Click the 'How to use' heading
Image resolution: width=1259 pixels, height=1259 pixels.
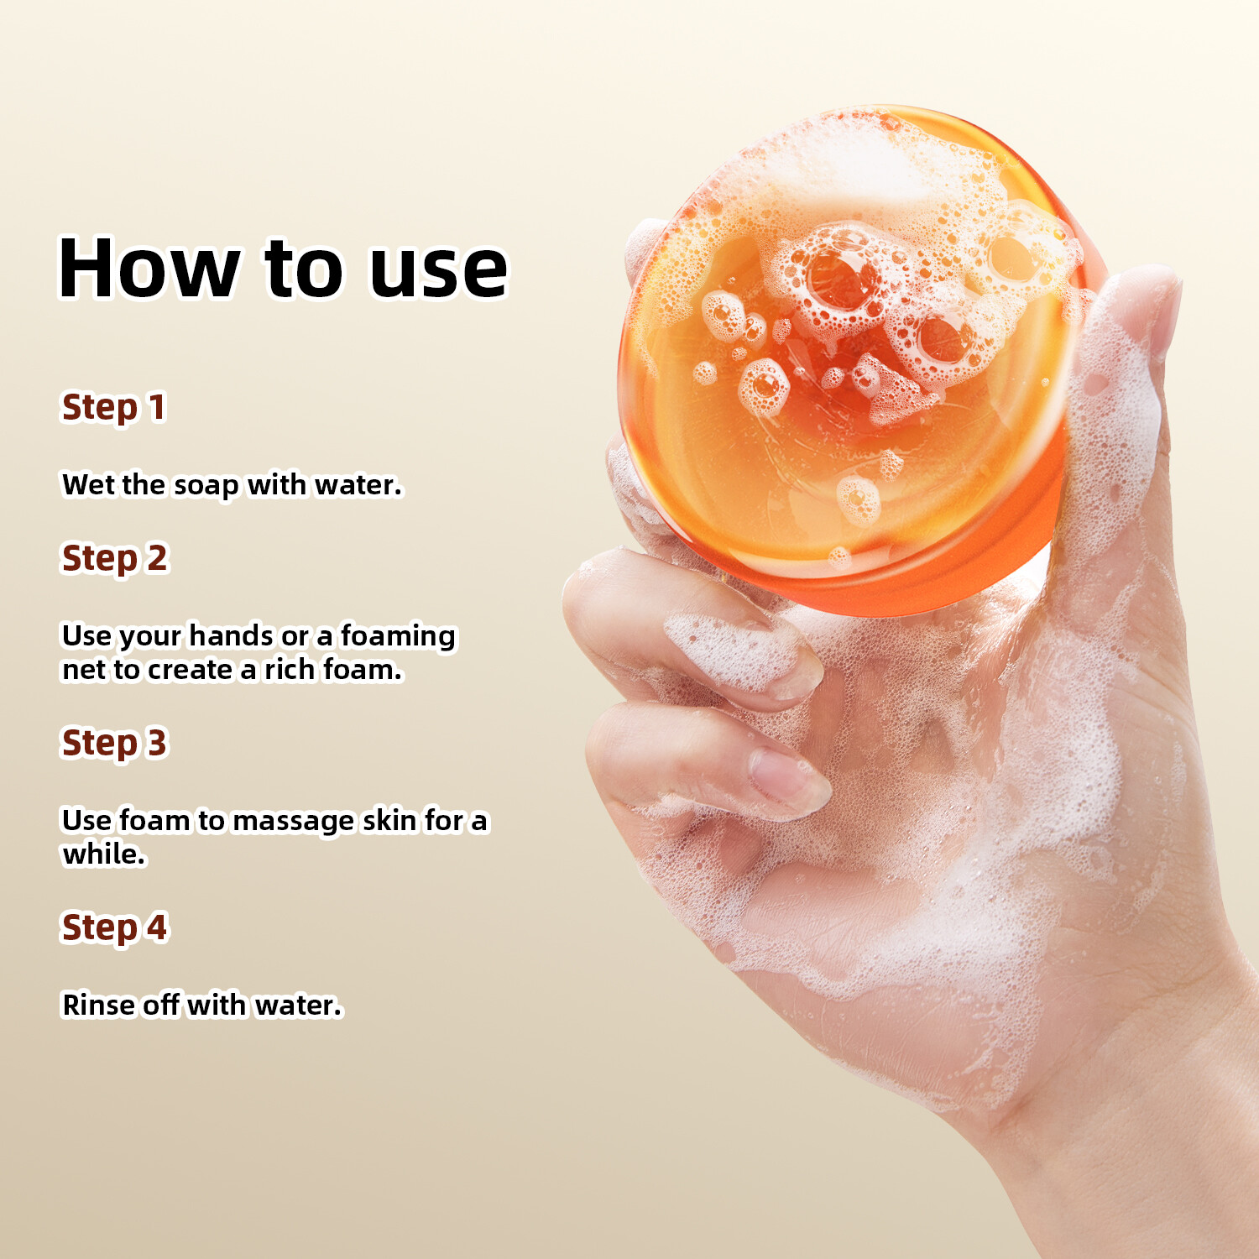click(x=283, y=268)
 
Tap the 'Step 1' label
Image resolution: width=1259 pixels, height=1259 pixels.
click(x=114, y=408)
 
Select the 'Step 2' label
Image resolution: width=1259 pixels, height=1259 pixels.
click(x=115, y=559)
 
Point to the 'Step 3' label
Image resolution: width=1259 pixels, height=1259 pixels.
click(x=115, y=744)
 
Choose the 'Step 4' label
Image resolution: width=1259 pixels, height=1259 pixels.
click(x=115, y=928)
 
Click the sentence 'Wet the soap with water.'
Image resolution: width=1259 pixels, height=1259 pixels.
click(x=232, y=485)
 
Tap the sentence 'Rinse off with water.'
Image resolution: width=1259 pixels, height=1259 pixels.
click(x=203, y=1005)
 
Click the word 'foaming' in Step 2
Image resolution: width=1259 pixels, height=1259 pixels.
click(x=398, y=636)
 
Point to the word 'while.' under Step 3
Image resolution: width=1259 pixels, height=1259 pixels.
click(x=104, y=854)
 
